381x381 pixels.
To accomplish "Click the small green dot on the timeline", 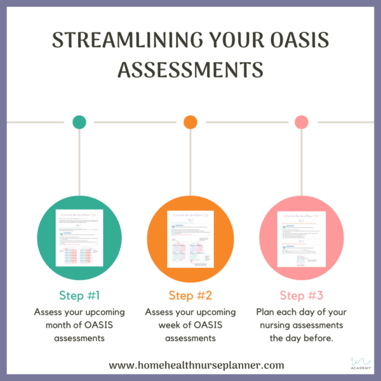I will click(x=79, y=122).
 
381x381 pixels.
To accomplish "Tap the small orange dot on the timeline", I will click(x=190, y=122).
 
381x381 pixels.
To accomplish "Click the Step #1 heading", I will click(x=79, y=296).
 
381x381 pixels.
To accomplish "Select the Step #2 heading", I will click(x=190, y=296).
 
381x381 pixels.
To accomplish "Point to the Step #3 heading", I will click(x=301, y=296).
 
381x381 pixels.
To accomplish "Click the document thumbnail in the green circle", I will click(x=79, y=239).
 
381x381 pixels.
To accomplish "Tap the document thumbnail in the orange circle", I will click(x=190, y=239).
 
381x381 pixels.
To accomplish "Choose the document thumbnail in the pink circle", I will click(x=301, y=239).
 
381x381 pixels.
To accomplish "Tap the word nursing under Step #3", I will click(x=274, y=325).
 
